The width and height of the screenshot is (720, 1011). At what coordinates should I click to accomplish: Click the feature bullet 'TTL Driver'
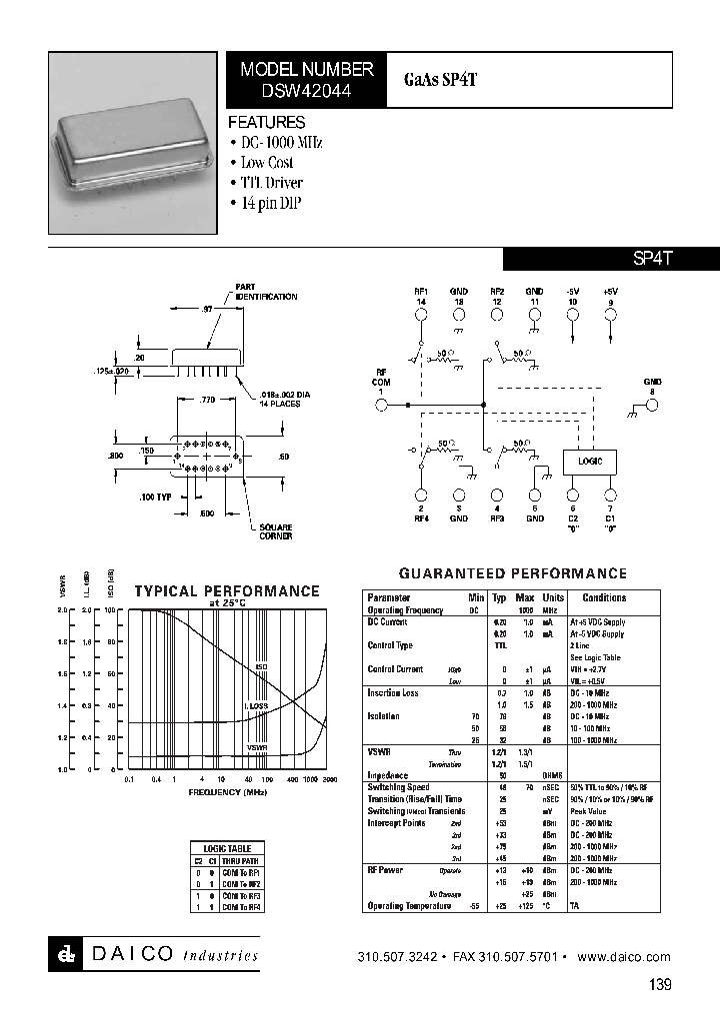(x=271, y=183)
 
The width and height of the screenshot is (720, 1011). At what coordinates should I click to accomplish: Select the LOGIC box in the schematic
(x=590, y=462)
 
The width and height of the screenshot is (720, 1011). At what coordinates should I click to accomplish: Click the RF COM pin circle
(x=380, y=405)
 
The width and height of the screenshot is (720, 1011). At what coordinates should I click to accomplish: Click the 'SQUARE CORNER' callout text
(x=276, y=531)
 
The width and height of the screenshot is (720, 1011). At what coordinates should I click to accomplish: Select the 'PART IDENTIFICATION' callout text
(x=266, y=292)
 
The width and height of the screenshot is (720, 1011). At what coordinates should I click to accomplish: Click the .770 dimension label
(x=207, y=399)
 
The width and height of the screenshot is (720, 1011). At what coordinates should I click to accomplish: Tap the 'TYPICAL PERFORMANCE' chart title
(x=227, y=590)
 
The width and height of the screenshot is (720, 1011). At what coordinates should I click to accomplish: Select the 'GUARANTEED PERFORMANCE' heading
(x=513, y=573)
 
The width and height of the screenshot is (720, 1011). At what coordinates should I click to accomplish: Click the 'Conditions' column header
(x=604, y=597)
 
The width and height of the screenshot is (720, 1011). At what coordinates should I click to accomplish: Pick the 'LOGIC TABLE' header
(x=228, y=847)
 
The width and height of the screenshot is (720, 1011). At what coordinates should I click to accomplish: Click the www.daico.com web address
(x=624, y=957)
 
